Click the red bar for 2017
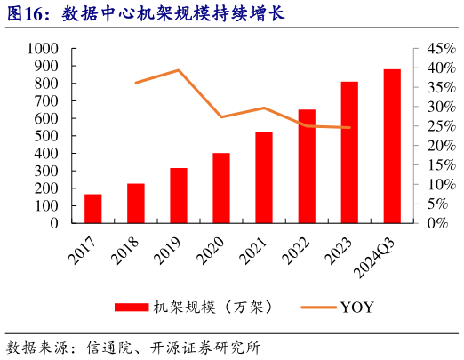tap(93, 208)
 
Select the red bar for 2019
tap(179, 196)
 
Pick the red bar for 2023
tap(349, 152)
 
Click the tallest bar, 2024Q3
tap(392, 146)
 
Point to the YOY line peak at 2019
tap(179, 70)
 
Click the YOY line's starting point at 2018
tap(136, 83)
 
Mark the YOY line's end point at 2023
tap(349, 127)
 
